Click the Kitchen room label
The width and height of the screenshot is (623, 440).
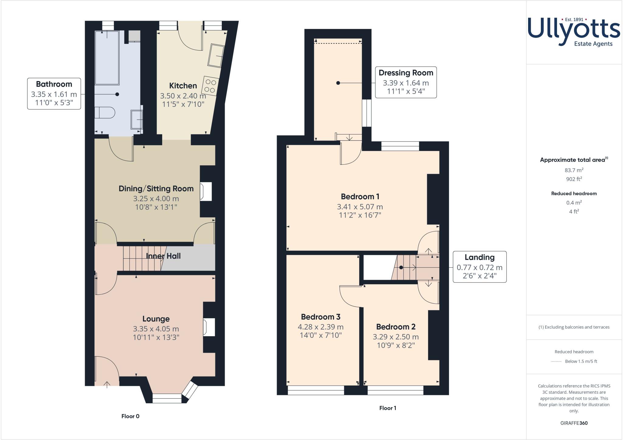tap(183, 86)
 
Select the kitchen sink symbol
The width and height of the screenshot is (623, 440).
tap(216, 55)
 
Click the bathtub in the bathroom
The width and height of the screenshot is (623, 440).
tap(107, 58)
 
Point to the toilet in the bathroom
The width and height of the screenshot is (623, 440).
tap(105, 112)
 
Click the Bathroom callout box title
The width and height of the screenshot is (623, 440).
tap(54, 84)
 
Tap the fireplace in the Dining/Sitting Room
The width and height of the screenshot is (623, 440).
tap(206, 191)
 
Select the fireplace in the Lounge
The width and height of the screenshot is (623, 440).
tap(209, 327)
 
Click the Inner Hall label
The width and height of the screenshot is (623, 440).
tap(163, 256)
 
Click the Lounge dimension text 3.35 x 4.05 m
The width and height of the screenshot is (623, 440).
tap(156, 329)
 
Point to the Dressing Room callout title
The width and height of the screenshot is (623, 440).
tap(406, 73)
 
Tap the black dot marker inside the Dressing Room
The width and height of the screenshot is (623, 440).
tap(338, 83)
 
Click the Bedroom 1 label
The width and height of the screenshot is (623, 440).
tap(360, 196)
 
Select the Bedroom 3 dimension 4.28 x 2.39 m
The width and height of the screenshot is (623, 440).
tap(321, 327)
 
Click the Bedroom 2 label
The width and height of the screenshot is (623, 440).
tap(395, 327)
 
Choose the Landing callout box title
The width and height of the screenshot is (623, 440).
tap(479, 257)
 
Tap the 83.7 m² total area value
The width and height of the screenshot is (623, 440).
tap(574, 170)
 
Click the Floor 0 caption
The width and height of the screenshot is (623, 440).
tap(130, 416)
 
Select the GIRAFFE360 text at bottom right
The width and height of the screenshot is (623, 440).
tap(574, 423)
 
